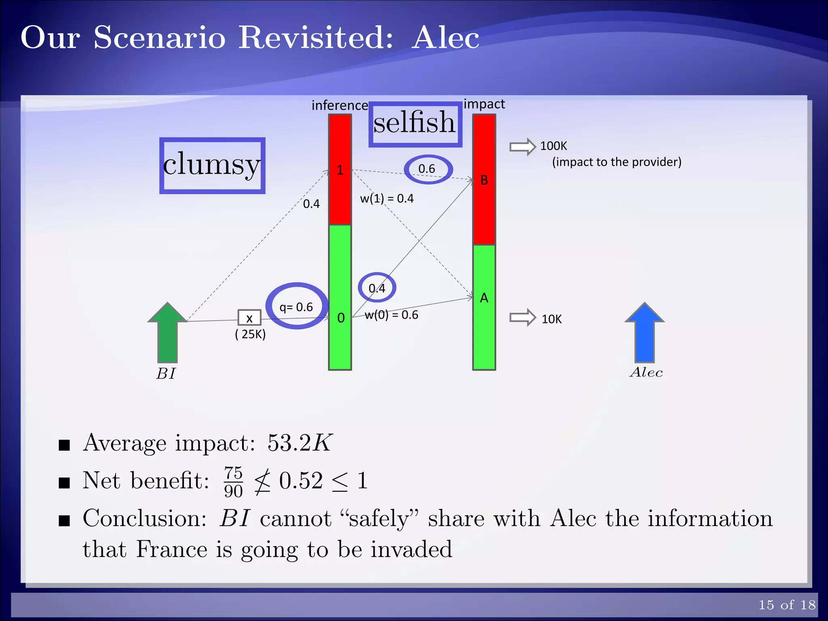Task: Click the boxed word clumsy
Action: click(212, 165)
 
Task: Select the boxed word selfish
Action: click(415, 123)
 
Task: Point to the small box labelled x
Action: click(249, 318)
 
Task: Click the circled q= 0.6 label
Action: click(296, 307)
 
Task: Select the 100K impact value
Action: click(553, 146)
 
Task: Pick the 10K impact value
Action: click(551, 319)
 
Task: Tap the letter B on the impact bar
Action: click(484, 180)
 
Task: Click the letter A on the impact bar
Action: click(484, 298)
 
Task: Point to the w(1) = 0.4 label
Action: click(387, 199)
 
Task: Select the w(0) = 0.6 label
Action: click(391, 315)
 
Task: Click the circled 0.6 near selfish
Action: click(427, 169)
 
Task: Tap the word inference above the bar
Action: click(340, 106)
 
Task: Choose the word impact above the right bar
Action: click(484, 104)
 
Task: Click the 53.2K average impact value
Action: click(300, 443)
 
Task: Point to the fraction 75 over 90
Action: click(233, 482)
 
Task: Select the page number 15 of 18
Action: click(787, 605)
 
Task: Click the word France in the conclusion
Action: click(171, 549)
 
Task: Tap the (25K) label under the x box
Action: click(250, 334)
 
